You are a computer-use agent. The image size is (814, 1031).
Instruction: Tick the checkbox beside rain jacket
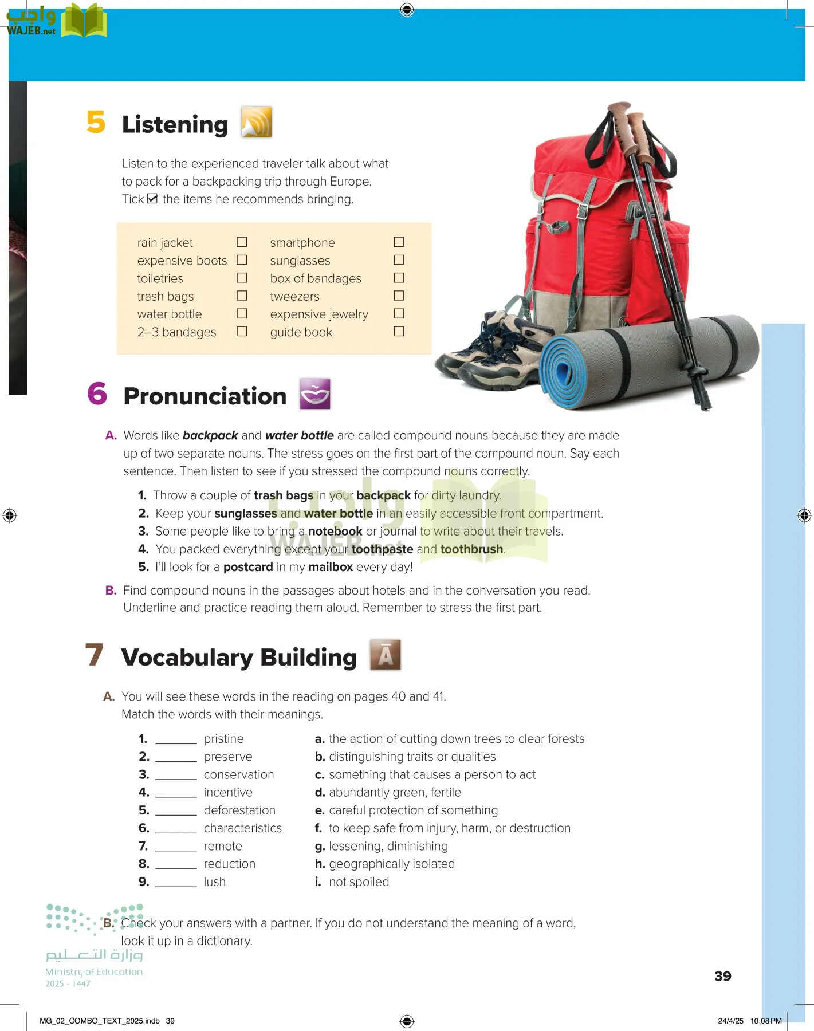coord(242,242)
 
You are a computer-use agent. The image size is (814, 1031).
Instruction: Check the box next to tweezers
coord(399,296)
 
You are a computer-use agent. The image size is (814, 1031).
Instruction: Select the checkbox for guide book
coord(399,331)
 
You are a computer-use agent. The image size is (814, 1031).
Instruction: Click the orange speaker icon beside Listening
coord(256,122)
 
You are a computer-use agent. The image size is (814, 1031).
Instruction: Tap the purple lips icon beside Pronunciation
coord(315,393)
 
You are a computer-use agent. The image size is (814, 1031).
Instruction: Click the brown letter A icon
coord(386,655)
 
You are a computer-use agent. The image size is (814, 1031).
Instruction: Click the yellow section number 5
coord(96,122)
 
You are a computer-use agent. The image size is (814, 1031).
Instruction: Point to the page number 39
coord(722,976)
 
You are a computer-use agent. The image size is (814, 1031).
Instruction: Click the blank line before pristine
coord(176,739)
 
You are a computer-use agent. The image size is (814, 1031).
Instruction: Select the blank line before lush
coord(176,883)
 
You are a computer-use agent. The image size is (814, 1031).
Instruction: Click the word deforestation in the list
coord(239,810)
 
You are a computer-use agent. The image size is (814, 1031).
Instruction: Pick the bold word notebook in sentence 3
coord(335,532)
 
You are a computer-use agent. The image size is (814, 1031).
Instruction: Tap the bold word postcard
coord(248,567)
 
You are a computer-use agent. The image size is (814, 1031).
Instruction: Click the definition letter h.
coord(320,864)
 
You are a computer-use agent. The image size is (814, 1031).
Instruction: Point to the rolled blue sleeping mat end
coord(563,372)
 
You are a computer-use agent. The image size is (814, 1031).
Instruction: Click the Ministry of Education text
coord(94,972)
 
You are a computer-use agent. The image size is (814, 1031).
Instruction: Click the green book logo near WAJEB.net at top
coord(84,21)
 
